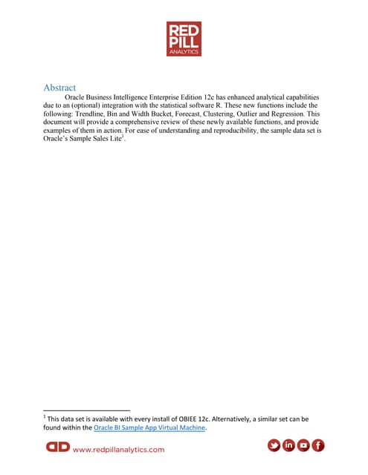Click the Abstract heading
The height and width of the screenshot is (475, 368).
point(61,87)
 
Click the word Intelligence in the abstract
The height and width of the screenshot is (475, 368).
point(135,97)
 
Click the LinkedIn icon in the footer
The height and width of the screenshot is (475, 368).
point(288,446)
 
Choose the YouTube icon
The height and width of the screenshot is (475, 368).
point(303,446)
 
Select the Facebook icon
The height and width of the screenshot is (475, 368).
point(318,446)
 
